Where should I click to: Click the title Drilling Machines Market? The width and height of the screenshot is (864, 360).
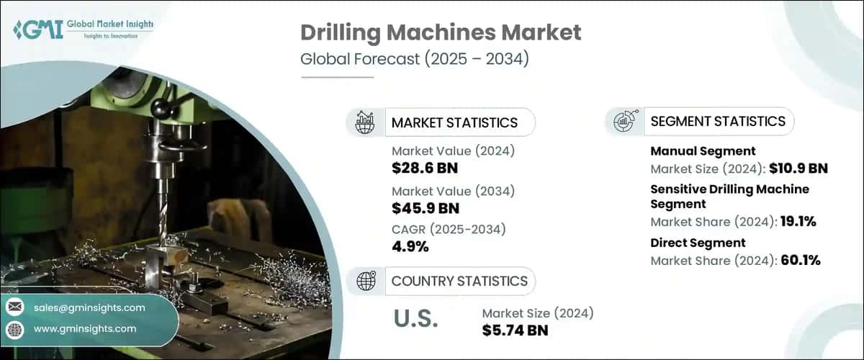coord(441,32)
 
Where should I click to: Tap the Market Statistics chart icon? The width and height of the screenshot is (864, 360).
coord(365,122)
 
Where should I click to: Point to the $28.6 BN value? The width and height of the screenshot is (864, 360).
coord(425,168)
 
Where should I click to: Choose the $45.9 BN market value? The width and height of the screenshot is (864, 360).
coord(425,208)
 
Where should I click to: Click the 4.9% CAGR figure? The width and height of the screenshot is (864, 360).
coord(410,247)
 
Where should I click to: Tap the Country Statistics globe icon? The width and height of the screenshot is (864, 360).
coord(365,280)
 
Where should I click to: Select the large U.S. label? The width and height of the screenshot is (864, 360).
coord(415,319)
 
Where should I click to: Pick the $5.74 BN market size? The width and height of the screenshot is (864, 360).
coord(515,330)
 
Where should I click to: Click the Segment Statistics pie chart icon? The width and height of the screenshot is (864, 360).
coord(624,121)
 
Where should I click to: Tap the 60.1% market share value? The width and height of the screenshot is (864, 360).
coord(801,261)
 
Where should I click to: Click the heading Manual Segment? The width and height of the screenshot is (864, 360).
coord(703,151)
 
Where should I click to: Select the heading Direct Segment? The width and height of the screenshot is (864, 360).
coord(698,243)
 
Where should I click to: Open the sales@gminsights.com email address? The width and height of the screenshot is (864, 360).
coord(89,308)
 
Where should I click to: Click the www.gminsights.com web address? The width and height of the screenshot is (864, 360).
coord(85,329)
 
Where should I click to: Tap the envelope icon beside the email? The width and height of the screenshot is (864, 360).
coord(15,308)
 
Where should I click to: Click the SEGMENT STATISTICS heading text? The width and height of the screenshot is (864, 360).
coord(718,121)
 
